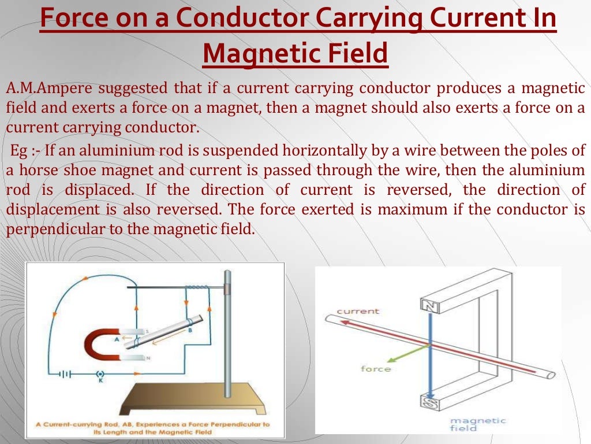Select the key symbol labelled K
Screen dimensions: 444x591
102,375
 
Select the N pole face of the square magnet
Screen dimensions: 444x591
430,305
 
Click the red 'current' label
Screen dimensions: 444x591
358,311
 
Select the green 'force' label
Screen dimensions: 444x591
376,369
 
